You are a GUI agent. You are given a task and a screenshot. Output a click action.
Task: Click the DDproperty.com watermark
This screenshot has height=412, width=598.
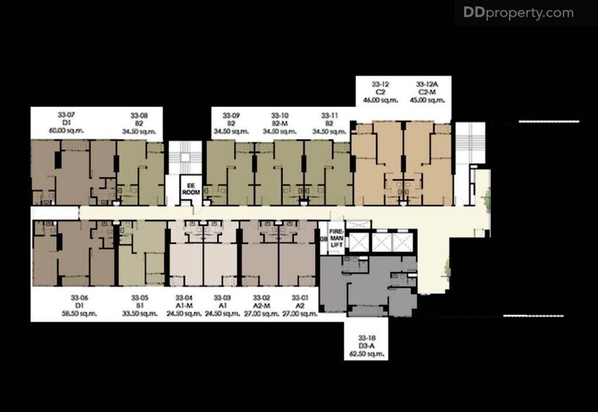click(x=518, y=13)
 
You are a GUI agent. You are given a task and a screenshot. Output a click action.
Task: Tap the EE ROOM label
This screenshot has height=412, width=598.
click(x=191, y=188)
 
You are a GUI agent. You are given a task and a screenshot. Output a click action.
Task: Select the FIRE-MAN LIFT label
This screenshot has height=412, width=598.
click(x=337, y=239)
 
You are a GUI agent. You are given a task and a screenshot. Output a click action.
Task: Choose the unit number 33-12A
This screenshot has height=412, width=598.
click(x=427, y=84)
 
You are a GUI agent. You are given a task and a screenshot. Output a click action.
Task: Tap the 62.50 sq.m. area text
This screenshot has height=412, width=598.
click(x=366, y=354)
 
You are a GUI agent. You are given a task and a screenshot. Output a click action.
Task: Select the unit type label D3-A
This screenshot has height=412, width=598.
click(x=366, y=346)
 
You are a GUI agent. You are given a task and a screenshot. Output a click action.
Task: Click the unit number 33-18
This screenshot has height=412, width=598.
click(x=366, y=338)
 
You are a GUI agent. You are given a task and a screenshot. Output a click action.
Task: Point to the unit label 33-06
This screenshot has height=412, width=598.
click(x=79, y=298)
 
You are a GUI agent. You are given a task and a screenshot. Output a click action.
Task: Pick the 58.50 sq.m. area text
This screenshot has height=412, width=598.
click(x=79, y=313)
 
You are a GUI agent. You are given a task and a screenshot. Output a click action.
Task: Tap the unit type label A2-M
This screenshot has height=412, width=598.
click(x=261, y=306)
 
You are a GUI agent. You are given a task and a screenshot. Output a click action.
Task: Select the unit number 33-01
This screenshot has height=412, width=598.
click(x=300, y=298)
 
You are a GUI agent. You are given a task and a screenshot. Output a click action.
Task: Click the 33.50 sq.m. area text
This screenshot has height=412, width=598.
click(x=140, y=313)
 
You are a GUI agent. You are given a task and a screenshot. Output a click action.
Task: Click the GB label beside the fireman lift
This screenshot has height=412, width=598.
click(x=323, y=239)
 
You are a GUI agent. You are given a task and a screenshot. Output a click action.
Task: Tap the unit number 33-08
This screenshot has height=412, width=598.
click(x=139, y=116)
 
